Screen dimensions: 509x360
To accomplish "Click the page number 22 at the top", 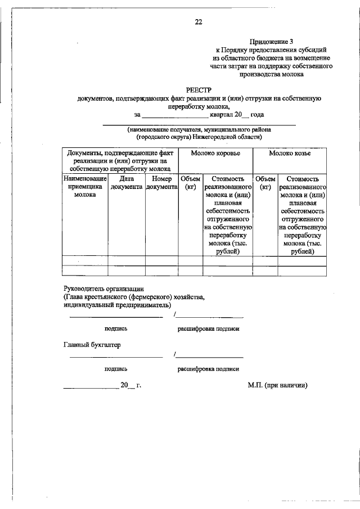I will click(x=198, y=22).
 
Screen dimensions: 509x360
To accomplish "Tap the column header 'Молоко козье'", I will click(x=290, y=153).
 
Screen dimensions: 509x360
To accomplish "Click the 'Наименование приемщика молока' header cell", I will click(x=85, y=186).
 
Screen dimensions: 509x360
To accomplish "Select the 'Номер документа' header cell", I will click(x=161, y=182).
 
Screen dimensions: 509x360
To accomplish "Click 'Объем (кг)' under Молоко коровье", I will click(x=190, y=182).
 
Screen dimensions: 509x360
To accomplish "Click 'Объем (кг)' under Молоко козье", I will click(x=265, y=182).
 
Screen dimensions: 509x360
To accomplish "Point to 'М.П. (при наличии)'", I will click(x=277, y=386).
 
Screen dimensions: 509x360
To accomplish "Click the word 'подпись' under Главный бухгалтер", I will click(x=115, y=369).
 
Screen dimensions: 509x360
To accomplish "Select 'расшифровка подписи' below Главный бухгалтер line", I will click(x=209, y=369).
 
